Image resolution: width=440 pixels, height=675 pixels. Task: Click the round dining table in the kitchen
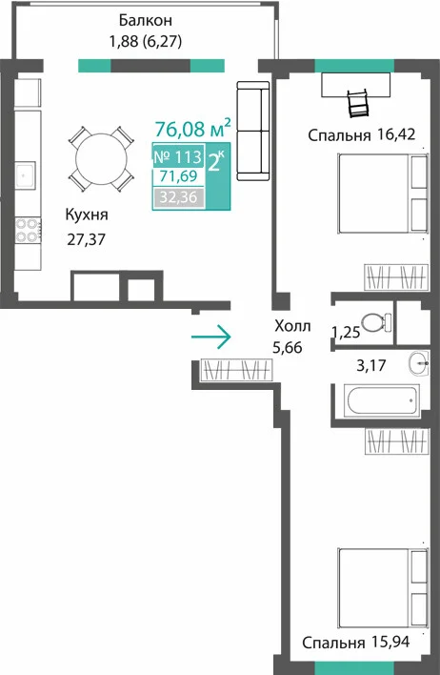point(102,159)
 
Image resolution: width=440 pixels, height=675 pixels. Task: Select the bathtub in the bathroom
point(382,400)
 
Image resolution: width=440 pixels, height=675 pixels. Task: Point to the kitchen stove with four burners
point(28,230)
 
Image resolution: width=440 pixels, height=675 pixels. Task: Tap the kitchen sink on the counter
point(26,174)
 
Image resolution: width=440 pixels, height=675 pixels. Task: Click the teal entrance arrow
point(211,337)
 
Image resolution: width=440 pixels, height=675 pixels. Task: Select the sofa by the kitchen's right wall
point(253,131)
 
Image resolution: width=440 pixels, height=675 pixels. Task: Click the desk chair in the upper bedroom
point(358,103)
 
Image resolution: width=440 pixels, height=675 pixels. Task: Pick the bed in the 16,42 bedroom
point(383,194)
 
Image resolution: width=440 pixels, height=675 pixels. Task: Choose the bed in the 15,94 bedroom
point(383,587)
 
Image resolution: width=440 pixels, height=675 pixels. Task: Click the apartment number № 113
point(178,156)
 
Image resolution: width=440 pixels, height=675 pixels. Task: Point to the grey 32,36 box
point(178,197)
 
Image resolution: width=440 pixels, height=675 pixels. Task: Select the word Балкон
point(146,20)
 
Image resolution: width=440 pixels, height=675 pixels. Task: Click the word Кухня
point(87,215)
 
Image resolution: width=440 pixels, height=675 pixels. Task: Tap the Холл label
point(292,326)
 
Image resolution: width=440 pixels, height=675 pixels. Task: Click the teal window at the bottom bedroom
point(354,668)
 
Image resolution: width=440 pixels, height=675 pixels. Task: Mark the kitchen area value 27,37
point(86,239)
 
